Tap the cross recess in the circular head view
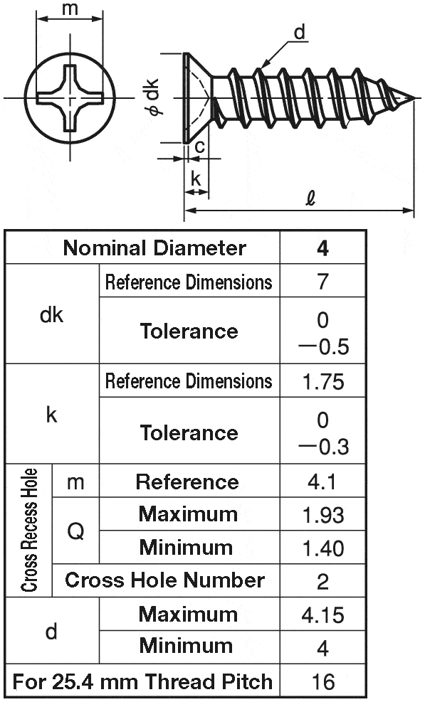tap(70, 98)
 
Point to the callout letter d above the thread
tap(299, 32)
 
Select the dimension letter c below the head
tap(200, 147)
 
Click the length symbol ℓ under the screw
tap(310, 198)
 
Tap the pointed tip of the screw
tap(413, 97)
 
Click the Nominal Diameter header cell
tap(154, 248)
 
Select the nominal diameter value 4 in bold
tap(322, 248)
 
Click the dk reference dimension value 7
tap(322, 282)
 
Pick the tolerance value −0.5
tap(323, 347)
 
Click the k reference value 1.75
tap(323, 381)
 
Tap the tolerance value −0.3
tap(323, 447)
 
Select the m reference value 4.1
tap(322, 482)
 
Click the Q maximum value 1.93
tap(323, 516)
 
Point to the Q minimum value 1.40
tap(323, 548)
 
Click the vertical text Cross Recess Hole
tap(29, 530)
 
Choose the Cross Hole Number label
tap(164, 580)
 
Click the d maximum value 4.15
tap(322, 615)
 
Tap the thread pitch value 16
tap(322, 682)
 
